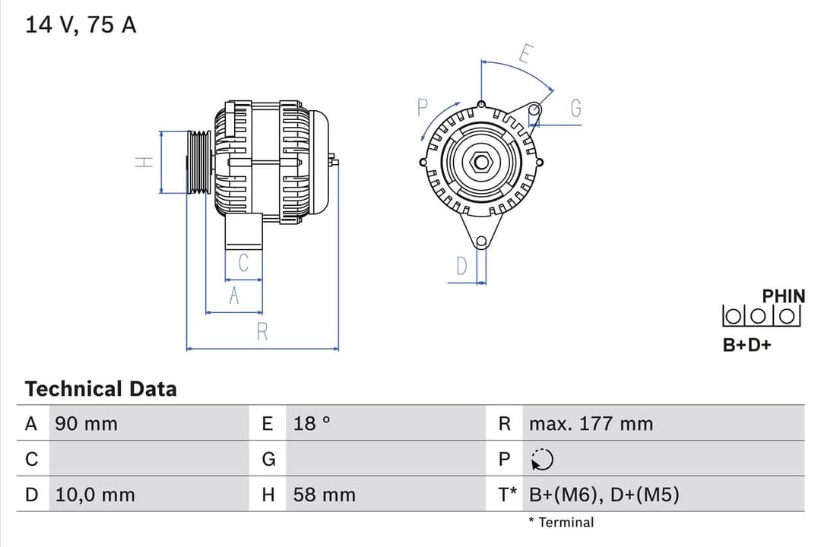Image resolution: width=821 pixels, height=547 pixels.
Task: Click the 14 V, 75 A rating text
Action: [81, 25]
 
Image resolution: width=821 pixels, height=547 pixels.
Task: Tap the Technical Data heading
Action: [100, 389]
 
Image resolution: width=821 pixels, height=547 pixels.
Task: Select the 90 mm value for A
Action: [86, 424]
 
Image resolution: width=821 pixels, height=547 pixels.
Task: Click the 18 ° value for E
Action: [312, 424]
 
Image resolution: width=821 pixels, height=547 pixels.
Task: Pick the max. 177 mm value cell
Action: [591, 424]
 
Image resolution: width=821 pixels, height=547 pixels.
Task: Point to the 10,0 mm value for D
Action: [95, 495]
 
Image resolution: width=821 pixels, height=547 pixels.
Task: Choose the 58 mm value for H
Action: [324, 495]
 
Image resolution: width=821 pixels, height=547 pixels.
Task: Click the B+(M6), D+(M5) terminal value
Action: [604, 495]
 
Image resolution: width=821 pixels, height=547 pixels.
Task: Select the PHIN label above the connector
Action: [783, 296]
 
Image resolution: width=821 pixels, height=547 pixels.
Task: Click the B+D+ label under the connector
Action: [747, 345]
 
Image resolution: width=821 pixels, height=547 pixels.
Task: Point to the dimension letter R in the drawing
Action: [262, 333]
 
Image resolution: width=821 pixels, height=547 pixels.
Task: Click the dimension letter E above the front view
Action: [526, 54]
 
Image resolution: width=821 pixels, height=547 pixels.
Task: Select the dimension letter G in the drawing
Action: [575, 109]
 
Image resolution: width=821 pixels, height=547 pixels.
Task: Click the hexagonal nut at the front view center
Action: [480, 161]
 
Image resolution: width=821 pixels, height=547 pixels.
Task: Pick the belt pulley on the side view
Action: [199, 162]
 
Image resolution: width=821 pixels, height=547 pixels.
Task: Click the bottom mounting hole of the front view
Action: [480, 242]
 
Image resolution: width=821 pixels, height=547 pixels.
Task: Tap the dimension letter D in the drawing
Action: [461, 267]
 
